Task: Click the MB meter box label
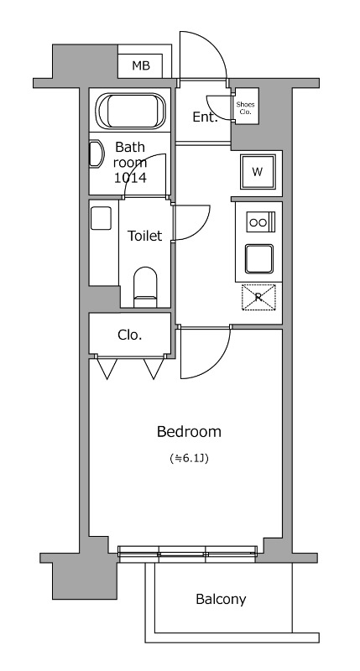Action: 141,66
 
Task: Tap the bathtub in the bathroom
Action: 130,111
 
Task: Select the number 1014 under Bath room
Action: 130,177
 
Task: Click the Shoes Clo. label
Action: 245,108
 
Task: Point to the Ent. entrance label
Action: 205,117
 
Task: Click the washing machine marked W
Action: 258,172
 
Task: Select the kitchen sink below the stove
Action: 259,258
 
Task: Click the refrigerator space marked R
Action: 258,297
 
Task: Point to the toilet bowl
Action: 145,287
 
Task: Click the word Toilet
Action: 145,236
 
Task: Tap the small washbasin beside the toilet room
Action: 101,218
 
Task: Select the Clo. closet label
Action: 130,335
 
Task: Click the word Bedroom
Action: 189,432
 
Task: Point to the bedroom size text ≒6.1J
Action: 189,459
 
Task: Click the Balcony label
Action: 221,599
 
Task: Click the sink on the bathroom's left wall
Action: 97,154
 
